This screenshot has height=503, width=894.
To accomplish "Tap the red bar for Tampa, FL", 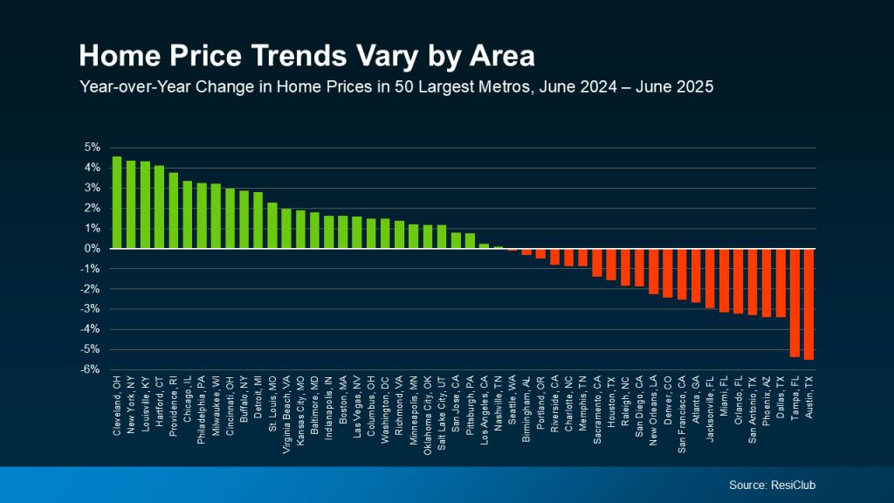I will [794, 302].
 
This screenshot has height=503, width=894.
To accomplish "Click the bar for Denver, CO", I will [667, 273].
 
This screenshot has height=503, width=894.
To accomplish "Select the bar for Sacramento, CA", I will [597, 263].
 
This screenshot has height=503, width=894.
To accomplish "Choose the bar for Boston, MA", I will [342, 232].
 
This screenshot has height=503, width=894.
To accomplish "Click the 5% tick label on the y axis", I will [93, 148].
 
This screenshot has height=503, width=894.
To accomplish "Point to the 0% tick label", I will [93, 249].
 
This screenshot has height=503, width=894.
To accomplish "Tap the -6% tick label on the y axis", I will [91, 369].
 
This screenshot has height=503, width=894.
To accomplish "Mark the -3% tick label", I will [91, 309].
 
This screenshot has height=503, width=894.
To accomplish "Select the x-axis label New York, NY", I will [132, 405].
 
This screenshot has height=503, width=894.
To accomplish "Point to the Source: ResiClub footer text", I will [773, 485].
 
